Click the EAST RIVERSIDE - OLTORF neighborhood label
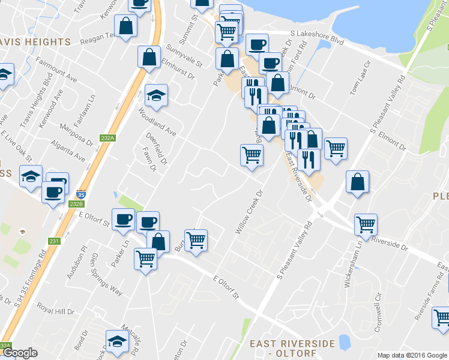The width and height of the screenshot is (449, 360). (x=292, y=349)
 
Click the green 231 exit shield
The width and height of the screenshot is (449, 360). (x=55, y=241)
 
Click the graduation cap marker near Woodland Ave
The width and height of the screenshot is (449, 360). (x=156, y=95)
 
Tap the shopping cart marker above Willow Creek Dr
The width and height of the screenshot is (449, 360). (x=252, y=154)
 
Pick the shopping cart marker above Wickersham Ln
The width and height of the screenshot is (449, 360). (x=366, y=224)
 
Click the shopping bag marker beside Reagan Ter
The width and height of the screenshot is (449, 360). (x=126, y=26)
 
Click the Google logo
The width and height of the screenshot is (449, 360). (x=20, y=353)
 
